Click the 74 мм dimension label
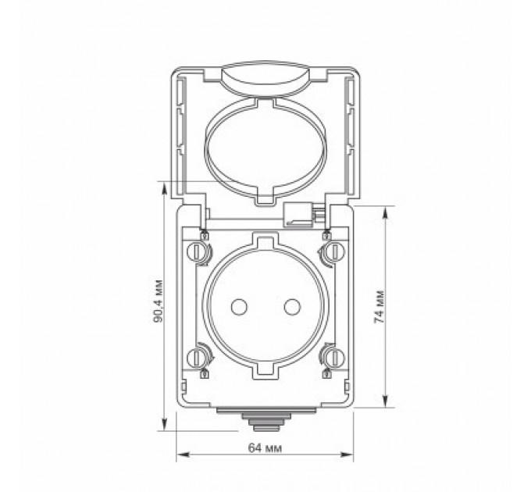point(380,306)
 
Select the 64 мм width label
point(265,447)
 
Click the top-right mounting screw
point(333,251)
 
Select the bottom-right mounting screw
point(333,358)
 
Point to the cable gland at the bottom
point(265,421)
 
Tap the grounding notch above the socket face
point(265,237)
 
